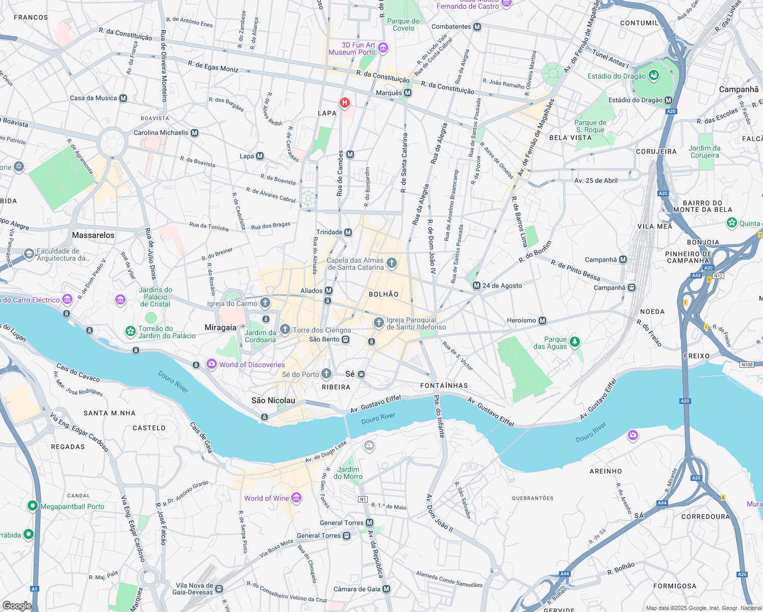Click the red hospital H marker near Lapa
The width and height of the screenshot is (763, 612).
pyautogui.click(x=345, y=103)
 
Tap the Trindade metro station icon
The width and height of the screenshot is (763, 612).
pyautogui.click(x=348, y=233)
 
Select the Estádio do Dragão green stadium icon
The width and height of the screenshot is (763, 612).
pyautogui.click(x=653, y=76)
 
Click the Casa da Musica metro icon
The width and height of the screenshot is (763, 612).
pyautogui.click(x=123, y=98)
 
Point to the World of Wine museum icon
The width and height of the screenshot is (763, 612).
pyautogui.click(x=296, y=498)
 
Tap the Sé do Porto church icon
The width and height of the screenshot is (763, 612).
pyautogui.click(x=326, y=374)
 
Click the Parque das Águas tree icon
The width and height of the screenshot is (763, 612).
pyautogui.click(x=575, y=342)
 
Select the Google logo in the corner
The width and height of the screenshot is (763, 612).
pyautogui.click(x=17, y=605)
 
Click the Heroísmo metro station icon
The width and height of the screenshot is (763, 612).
pyautogui.click(x=543, y=321)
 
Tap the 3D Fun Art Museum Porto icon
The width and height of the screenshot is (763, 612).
pyautogui.click(x=383, y=48)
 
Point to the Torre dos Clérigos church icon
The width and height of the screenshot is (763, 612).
pyautogui.click(x=285, y=329)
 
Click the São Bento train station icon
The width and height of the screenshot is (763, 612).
pyautogui.click(x=346, y=340)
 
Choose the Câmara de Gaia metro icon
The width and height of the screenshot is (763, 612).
pyautogui.click(x=387, y=589)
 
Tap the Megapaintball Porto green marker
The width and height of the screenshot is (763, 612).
pyautogui.click(x=33, y=506)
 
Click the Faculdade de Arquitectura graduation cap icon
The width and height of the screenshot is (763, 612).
pyautogui.click(x=29, y=253)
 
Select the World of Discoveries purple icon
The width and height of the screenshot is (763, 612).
pyautogui.click(x=211, y=364)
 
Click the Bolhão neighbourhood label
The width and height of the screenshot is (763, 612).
pyautogui.click(x=384, y=294)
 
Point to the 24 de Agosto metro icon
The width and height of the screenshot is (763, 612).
pyautogui.click(x=476, y=286)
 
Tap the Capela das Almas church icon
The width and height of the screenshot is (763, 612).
pyautogui.click(x=391, y=263)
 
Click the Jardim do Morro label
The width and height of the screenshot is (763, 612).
pyautogui.click(x=348, y=473)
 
